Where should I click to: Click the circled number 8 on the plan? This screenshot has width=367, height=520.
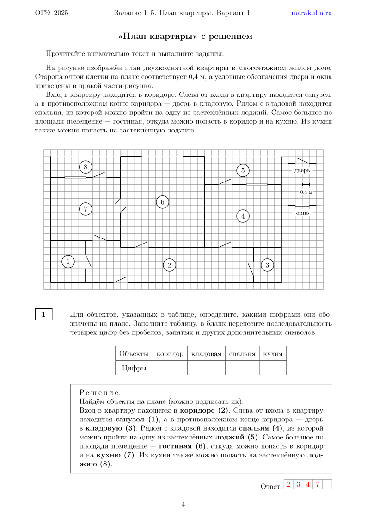pyautogui.click(x=86, y=167)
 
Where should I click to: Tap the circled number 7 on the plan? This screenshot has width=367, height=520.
pyautogui.click(x=85, y=209)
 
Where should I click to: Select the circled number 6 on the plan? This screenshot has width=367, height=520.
pyautogui.click(x=162, y=202)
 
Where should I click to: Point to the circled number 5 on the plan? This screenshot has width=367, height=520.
pyautogui.click(x=243, y=170)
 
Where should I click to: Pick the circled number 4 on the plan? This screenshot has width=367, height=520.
pyautogui.click(x=243, y=215)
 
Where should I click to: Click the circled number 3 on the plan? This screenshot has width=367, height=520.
pyautogui.click(x=267, y=265)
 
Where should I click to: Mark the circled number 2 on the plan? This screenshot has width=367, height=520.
pyautogui.click(x=170, y=265)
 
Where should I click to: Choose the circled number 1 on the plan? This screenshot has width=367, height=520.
pyautogui.click(x=68, y=262)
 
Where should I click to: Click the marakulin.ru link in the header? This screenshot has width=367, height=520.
pyautogui.click(x=312, y=13)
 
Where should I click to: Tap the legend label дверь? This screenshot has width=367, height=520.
pyautogui.click(x=302, y=170)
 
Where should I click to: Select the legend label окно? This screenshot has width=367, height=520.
pyautogui.click(x=302, y=213)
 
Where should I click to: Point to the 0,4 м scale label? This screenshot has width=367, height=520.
pyautogui.click(x=306, y=192)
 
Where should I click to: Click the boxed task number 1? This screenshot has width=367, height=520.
pyautogui.click(x=44, y=314)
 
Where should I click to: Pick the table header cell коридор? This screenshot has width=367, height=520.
pyautogui.click(x=170, y=354)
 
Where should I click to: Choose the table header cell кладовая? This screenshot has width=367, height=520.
pyautogui.click(x=206, y=354)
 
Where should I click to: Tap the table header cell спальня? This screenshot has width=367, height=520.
pyautogui.click(x=242, y=354)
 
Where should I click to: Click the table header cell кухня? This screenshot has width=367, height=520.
pyautogui.click(x=273, y=354)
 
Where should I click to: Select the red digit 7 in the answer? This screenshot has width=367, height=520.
pyautogui.click(x=318, y=485)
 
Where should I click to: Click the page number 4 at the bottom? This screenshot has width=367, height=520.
pyautogui.click(x=183, y=505)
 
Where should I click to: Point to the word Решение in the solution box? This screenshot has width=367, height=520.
pyautogui.click(x=100, y=393)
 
